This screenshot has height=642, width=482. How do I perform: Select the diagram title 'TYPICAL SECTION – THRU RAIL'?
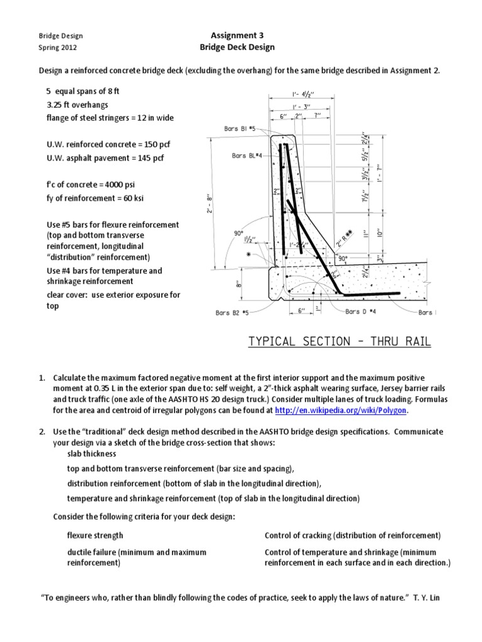pos(340,342)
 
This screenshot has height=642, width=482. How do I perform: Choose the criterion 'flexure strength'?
pos(95,535)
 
